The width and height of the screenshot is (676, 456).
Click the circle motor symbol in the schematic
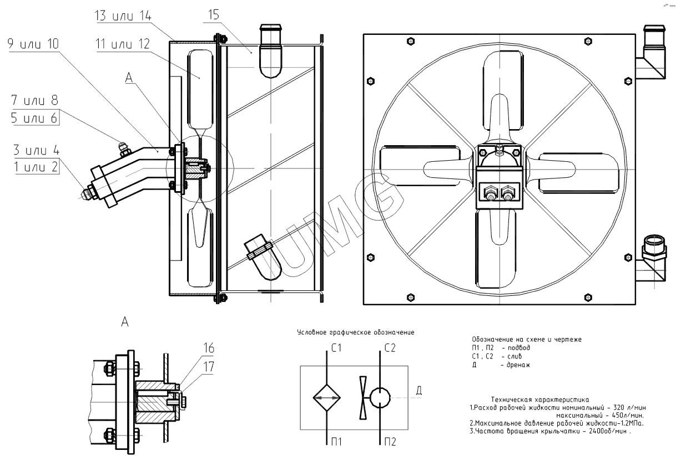[x=380, y=397]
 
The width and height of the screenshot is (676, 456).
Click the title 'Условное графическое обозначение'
[x=356, y=332]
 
